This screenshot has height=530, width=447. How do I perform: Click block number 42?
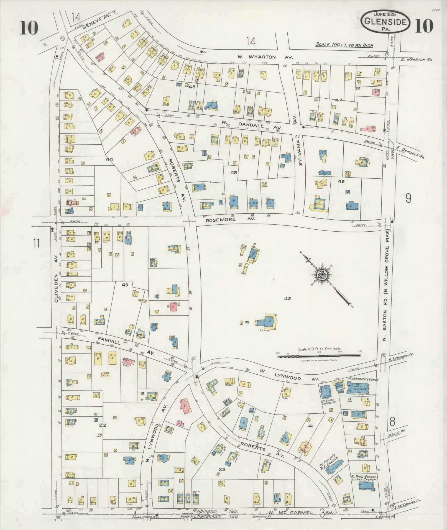(x=287, y=299)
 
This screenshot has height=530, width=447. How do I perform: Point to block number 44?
(x=109, y=160)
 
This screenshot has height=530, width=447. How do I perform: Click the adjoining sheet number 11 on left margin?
(x=36, y=244)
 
